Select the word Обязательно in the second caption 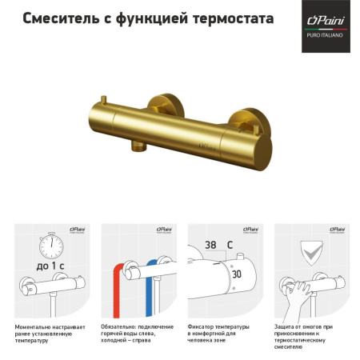click(122, 326)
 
